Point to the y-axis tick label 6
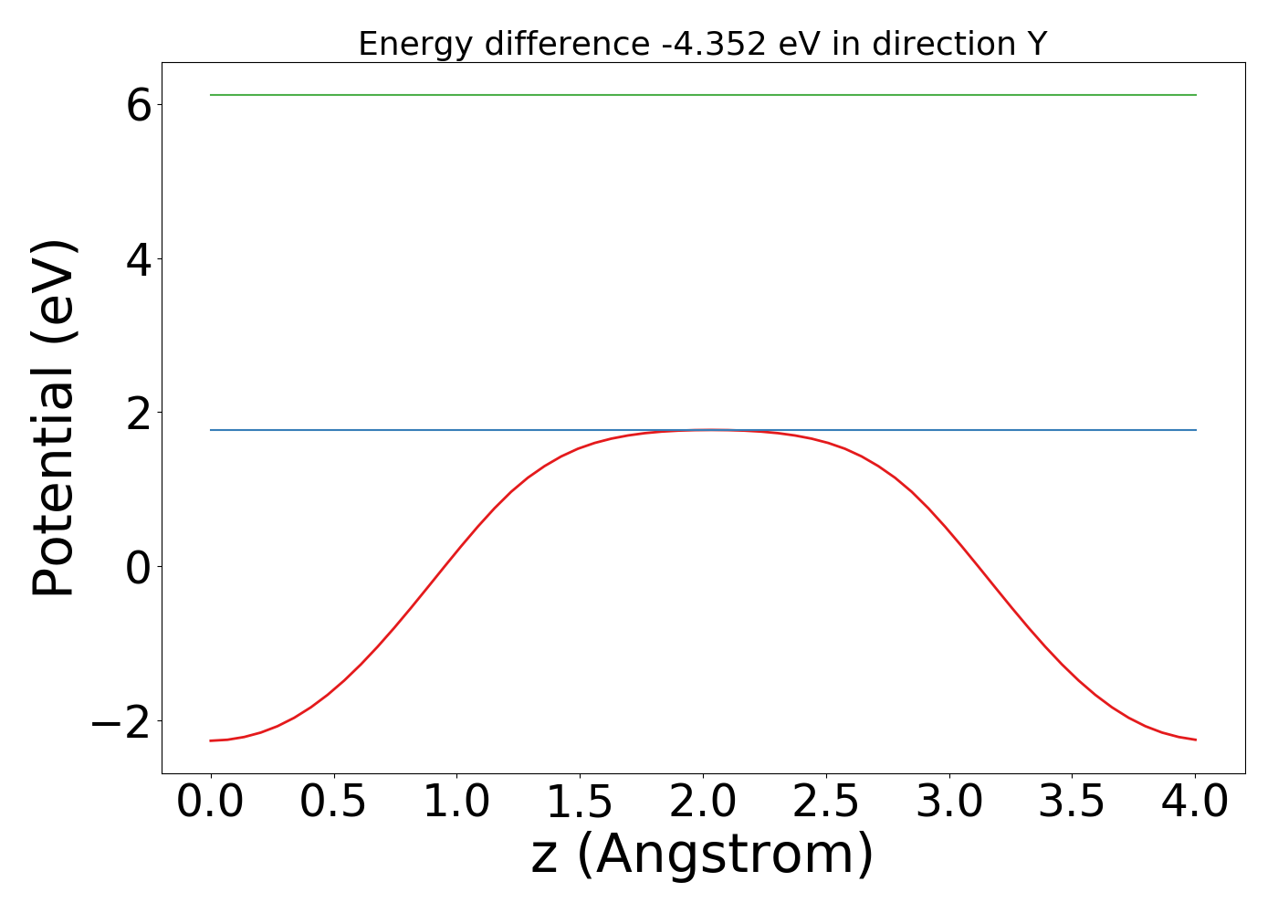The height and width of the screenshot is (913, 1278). (139, 106)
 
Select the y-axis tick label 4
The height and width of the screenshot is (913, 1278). (139, 259)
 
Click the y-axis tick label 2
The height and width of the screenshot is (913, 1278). (139, 414)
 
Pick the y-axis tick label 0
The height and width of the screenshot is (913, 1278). (139, 567)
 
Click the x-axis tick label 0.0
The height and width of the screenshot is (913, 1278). (210, 803)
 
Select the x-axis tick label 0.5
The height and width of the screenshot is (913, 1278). (333, 803)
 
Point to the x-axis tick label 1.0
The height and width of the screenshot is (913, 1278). (456, 803)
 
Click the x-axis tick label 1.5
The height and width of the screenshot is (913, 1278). (580, 803)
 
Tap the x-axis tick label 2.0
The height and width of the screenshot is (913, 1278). (703, 803)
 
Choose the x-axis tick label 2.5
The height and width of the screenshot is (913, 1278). (826, 803)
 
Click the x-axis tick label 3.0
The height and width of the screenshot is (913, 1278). (949, 803)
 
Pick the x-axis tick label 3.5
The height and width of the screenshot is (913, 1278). (1073, 803)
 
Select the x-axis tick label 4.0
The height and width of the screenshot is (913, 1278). (1196, 803)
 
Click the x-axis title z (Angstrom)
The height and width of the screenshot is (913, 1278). (703, 855)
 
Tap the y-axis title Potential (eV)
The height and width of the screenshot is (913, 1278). (55, 418)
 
